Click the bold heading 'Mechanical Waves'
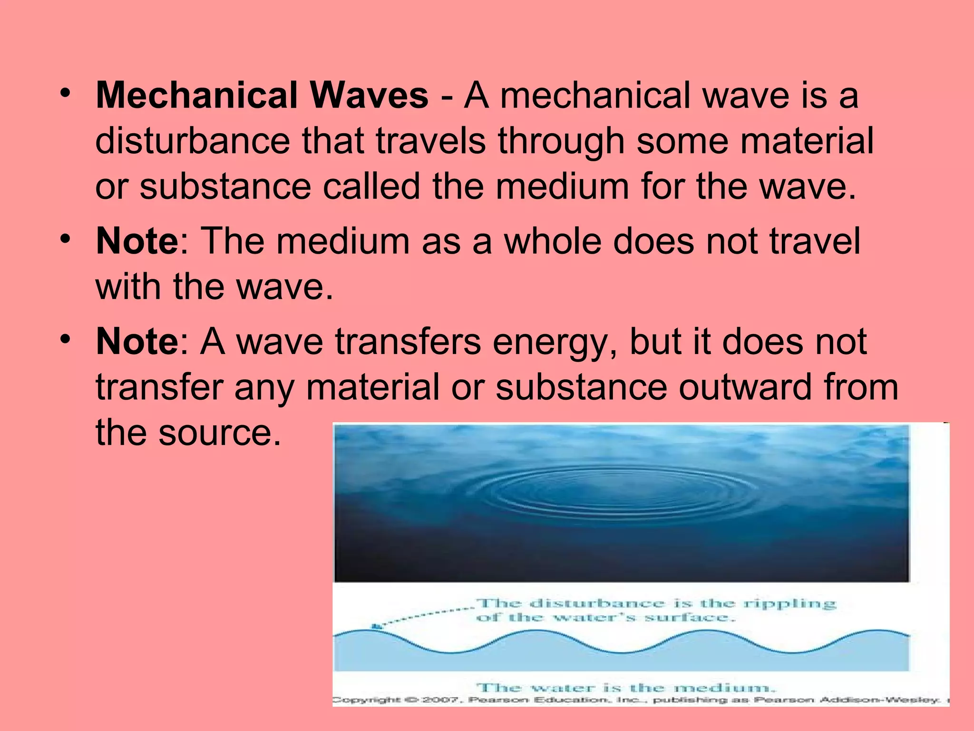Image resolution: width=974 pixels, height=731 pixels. pos(262,96)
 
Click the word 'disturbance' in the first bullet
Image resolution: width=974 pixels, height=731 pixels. pos(193,141)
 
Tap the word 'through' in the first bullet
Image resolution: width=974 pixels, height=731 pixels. pos(561,141)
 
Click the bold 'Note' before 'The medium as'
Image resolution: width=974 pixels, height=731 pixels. pos(137,241)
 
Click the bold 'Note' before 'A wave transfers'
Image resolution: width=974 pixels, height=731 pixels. pos(137,341)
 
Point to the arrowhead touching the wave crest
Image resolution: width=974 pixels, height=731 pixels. pos(376,627)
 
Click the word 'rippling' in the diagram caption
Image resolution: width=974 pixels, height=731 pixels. pos(789,603)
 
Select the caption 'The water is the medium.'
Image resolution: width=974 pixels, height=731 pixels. pos(626,687)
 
